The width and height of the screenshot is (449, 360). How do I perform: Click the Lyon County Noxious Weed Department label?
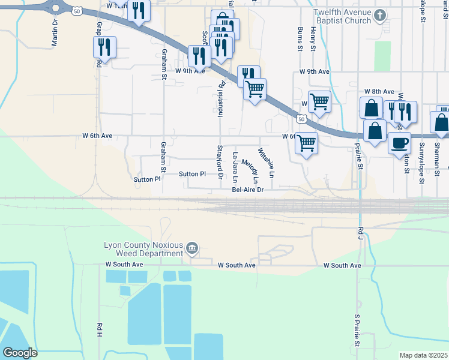tap(143, 249)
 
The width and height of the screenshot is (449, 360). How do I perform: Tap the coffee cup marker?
tap(399, 143)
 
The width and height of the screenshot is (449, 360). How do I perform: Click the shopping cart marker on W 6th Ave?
tap(306, 143)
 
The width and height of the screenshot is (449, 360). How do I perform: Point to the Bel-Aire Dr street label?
tap(248, 190)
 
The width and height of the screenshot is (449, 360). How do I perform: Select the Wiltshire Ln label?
tap(266, 163)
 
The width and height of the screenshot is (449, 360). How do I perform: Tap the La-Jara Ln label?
tap(235, 167)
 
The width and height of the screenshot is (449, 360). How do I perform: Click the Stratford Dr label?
tap(220, 163)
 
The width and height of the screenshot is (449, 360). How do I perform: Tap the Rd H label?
tap(99, 329)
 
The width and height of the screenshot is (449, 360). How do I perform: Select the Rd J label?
tap(361, 230)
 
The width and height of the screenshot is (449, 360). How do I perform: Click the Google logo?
tap(20, 353)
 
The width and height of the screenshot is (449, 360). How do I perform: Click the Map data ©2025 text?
tap(423, 355)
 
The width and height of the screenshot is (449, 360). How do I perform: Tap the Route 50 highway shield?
tap(76, 11)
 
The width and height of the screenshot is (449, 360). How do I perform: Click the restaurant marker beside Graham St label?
tap(104, 47)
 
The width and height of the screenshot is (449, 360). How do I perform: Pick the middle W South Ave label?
tap(237, 265)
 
